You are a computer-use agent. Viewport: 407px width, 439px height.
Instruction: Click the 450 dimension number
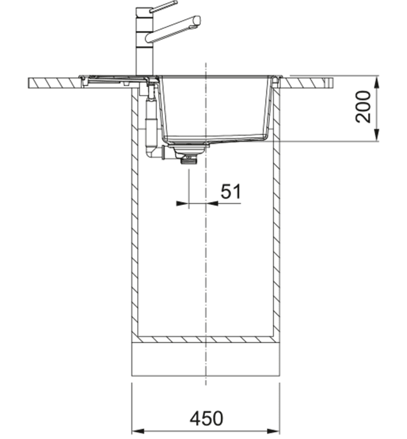pyautogui.click(x=206, y=418)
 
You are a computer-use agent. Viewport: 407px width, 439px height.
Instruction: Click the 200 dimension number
pyautogui.click(x=363, y=107)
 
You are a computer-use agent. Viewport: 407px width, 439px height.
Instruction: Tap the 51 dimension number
pyautogui.click(x=231, y=192)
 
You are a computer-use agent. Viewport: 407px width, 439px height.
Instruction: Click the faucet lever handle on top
pyautogui.click(x=163, y=6)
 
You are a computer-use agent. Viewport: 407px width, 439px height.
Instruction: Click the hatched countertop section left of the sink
pyautogui.click(x=53, y=83)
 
